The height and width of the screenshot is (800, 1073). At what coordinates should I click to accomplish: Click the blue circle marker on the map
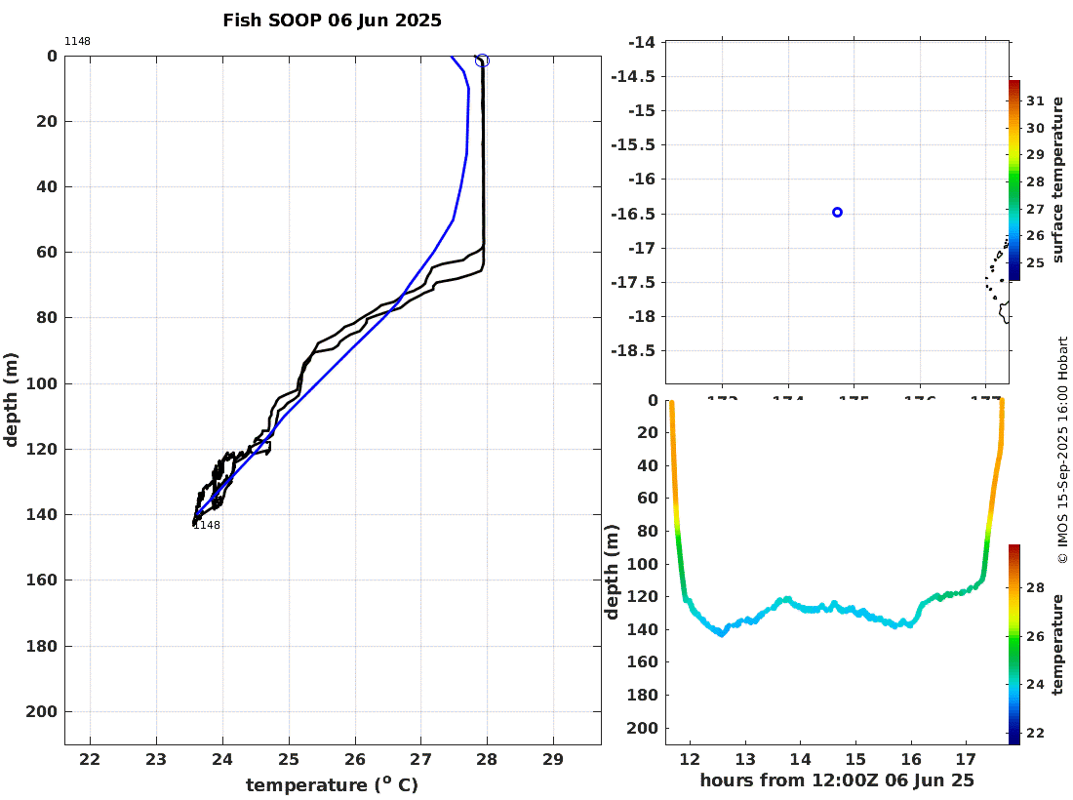pos(837,212)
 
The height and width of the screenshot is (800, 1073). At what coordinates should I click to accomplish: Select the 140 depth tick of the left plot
pos(45,515)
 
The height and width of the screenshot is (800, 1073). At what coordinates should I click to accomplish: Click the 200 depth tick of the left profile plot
pos(45,712)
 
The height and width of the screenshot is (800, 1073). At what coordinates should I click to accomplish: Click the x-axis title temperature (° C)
pos(332,785)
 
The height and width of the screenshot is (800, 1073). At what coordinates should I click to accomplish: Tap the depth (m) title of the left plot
pos(12,400)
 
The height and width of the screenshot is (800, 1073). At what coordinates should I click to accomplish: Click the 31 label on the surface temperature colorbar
pos(1035,101)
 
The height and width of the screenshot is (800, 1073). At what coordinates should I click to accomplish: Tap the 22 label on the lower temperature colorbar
pos(1035,733)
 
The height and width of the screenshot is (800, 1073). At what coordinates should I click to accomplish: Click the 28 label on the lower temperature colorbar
pos(1035,588)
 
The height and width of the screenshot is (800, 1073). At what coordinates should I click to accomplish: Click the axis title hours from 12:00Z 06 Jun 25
pos(837,780)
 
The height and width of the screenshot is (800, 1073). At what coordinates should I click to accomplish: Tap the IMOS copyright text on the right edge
pos(1062,449)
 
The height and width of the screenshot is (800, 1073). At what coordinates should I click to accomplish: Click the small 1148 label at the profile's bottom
pos(207,526)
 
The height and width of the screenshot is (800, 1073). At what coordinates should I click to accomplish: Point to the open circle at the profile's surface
pos(482,60)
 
